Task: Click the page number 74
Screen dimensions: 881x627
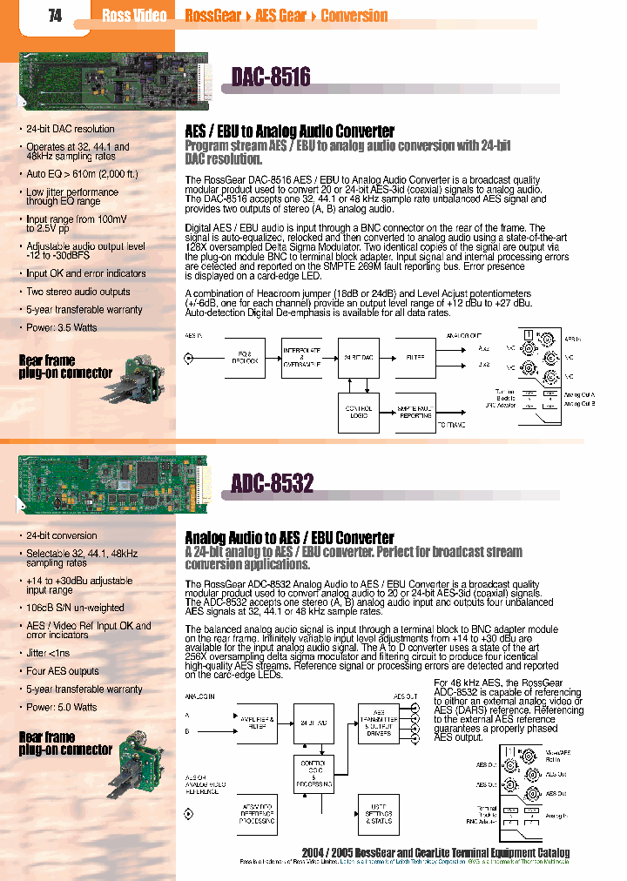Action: pyautogui.click(x=55, y=16)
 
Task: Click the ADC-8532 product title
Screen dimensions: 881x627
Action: pyautogui.click(x=273, y=483)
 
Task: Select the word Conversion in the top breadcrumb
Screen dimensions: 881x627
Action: pyautogui.click(x=354, y=16)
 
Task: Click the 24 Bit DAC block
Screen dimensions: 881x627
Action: pyautogui.click(x=359, y=357)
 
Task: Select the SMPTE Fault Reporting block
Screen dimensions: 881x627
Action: pyautogui.click(x=415, y=411)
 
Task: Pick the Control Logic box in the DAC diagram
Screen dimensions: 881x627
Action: pyautogui.click(x=359, y=411)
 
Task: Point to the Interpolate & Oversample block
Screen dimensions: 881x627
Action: pyautogui.click(x=301, y=357)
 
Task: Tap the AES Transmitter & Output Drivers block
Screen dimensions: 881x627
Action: pyautogui.click(x=380, y=721)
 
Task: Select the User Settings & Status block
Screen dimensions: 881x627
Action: pyautogui.click(x=380, y=816)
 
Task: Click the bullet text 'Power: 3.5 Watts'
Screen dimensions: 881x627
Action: pyautogui.click(x=62, y=328)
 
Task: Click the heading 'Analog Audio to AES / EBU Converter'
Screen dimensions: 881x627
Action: pyautogui.click(x=289, y=538)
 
